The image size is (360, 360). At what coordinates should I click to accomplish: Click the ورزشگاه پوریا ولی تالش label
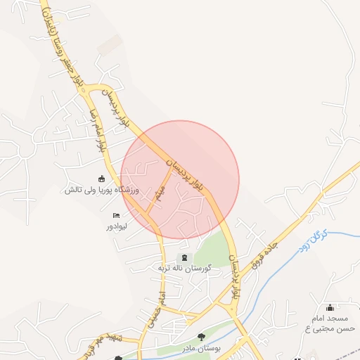tap(103, 190)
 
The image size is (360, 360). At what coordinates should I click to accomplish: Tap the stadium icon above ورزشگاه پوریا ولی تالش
tap(102, 178)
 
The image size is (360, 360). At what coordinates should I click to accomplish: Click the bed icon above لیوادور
tap(116, 215)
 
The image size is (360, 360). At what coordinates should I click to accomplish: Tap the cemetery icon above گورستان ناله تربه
tap(184, 257)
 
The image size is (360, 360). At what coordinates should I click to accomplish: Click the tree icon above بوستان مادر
tap(201, 338)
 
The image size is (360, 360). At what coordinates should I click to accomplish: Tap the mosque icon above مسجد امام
tap(330, 307)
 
